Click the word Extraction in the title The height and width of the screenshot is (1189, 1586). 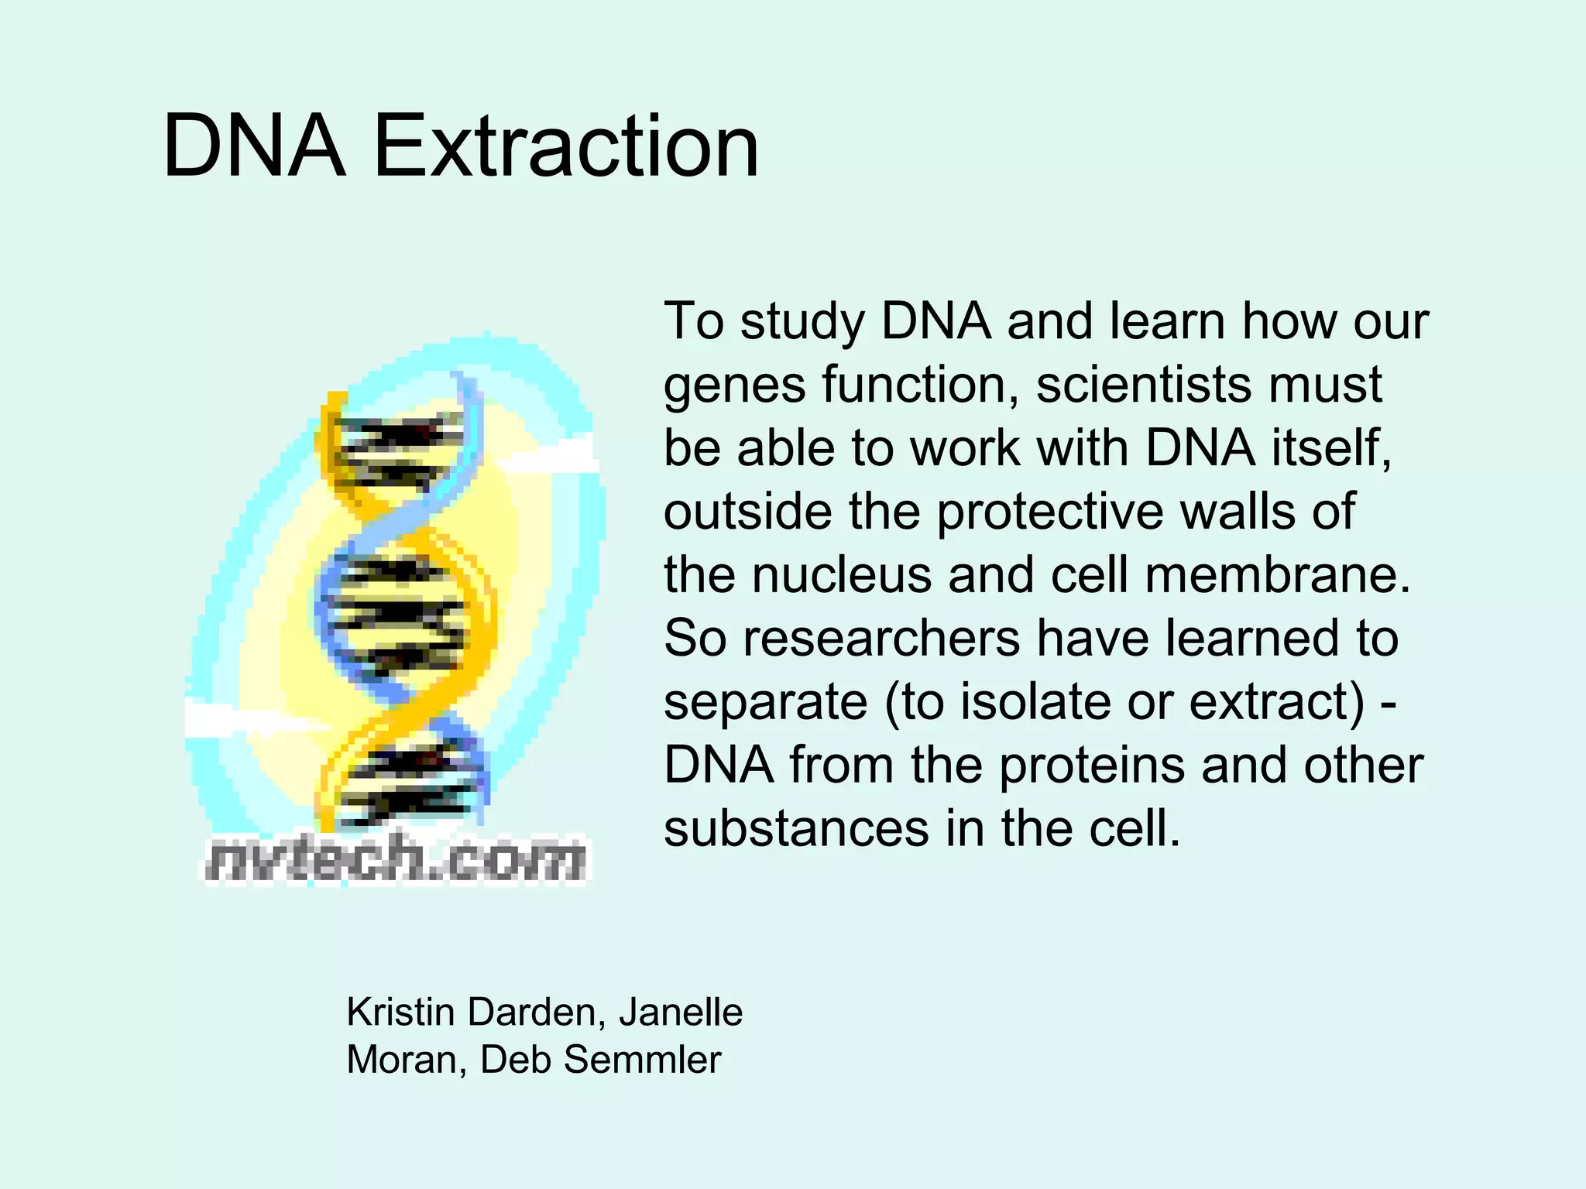(x=565, y=147)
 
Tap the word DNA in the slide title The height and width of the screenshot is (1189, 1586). (x=254, y=147)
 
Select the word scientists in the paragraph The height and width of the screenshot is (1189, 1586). (x=1143, y=385)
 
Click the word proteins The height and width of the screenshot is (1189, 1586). (x=1093, y=766)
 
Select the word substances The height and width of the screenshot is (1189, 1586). (x=796, y=829)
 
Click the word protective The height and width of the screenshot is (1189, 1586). (x=1050, y=513)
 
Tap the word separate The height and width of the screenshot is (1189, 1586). (x=765, y=704)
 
